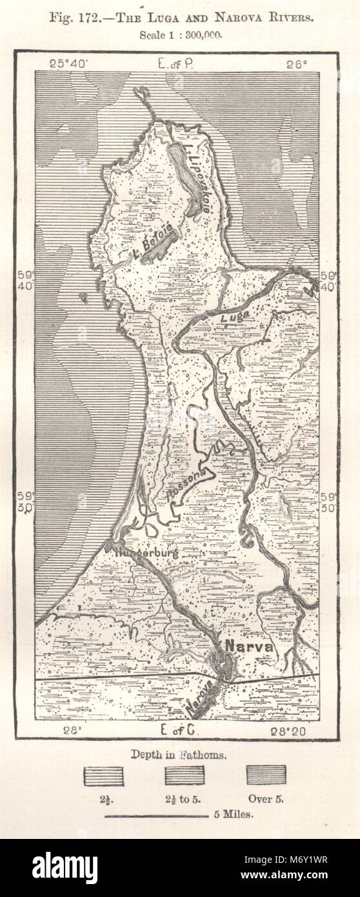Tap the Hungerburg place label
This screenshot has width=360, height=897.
pyautogui.click(x=146, y=553)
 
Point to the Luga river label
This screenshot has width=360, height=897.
pyautogui.click(x=235, y=318)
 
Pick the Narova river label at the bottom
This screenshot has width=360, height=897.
pyautogui.click(x=202, y=701)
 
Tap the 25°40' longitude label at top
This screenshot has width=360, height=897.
pyautogui.click(x=71, y=63)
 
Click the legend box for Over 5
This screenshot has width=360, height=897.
pyautogui.click(x=266, y=775)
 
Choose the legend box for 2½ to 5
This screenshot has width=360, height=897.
pyautogui.click(x=185, y=775)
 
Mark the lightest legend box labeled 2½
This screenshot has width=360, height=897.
pyautogui.click(x=103, y=775)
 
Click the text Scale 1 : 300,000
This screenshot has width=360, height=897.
pyautogui.click(x=181, y=35)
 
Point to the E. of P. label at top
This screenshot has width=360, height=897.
pyautogui.click(x=178, y=63)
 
